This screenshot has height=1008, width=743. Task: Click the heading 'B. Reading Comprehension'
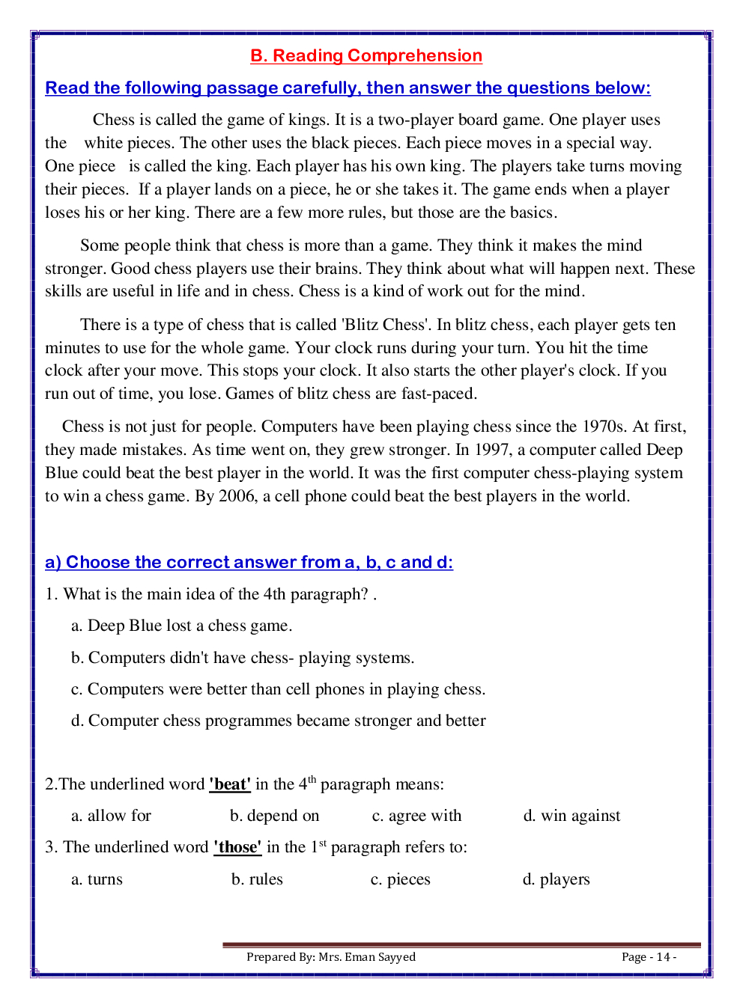366,56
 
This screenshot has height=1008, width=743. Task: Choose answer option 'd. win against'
571,816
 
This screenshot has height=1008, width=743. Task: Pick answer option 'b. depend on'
274,816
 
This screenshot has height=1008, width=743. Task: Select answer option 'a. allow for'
111,816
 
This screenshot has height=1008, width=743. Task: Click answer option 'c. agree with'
416,816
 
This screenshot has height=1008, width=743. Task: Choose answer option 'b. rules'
257,879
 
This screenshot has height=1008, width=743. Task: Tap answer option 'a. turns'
97,879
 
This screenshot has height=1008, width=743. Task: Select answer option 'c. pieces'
401,879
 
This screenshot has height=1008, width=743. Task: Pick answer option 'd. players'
556,879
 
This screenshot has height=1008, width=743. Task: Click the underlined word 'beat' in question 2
230,784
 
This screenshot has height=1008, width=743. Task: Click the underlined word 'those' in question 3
237,847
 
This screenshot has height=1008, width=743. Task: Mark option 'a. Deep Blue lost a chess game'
181,626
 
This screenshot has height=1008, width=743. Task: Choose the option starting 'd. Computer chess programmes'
278,721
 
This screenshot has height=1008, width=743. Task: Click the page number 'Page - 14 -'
649,957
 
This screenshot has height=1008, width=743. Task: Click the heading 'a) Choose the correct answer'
249,562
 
